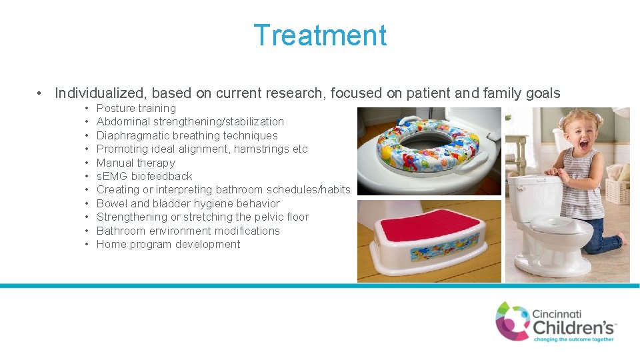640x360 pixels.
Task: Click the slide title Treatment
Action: [320, 35]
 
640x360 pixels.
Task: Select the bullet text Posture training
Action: [136, 108]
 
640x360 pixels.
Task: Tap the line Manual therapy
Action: [135, 163]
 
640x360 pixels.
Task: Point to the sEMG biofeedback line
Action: [144, 176]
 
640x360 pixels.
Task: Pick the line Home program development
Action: [168, 244]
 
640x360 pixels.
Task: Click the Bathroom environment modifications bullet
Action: [188, 231]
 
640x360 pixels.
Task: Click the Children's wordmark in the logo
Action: [573, 327]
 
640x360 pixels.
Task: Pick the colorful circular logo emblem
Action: [512, 321]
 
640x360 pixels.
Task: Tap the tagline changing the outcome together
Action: [573, 339]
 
